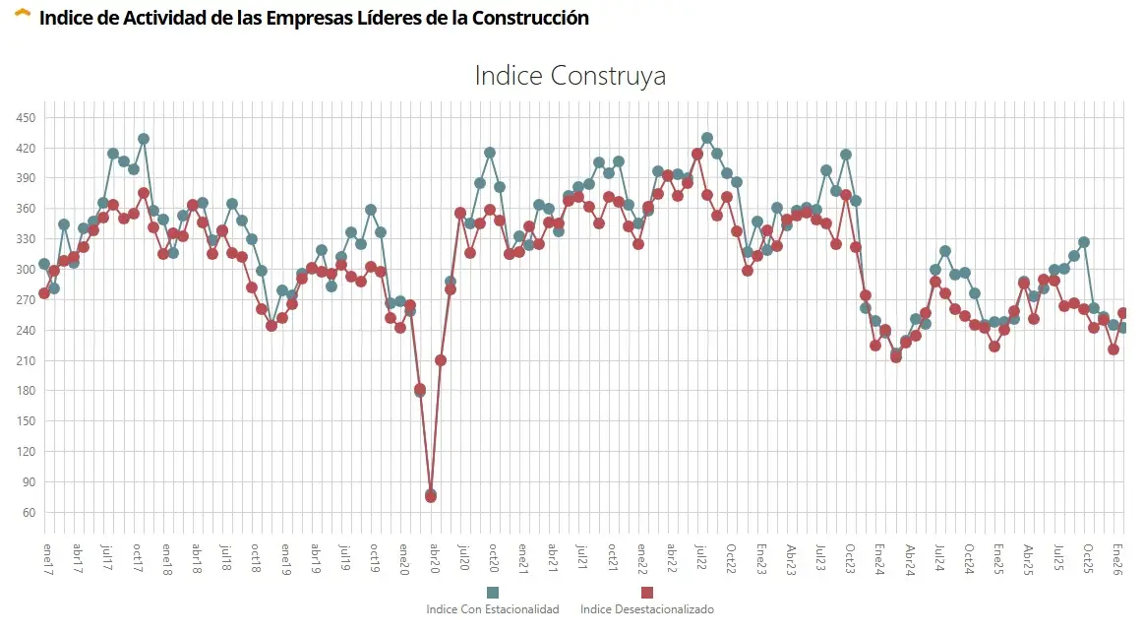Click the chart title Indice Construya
point(571,76)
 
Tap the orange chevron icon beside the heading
point(23,15)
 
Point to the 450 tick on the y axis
point(26,118)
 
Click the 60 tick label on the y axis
point(29,513)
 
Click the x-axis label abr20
point(432,558)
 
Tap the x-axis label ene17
point(45,558)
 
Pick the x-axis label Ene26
point(1116,558)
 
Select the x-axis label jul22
point(699,558)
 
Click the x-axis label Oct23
point(847,558)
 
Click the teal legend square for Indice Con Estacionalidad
point(493,592)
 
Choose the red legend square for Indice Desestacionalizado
point(646,592)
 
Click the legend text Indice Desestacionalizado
point(646,609)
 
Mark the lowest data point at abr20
point(431,496)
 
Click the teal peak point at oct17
point(144,139)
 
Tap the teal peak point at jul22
point(707,138)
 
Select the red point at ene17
point(44,293)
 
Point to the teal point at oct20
point(490,153)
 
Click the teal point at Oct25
point(1084,242)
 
